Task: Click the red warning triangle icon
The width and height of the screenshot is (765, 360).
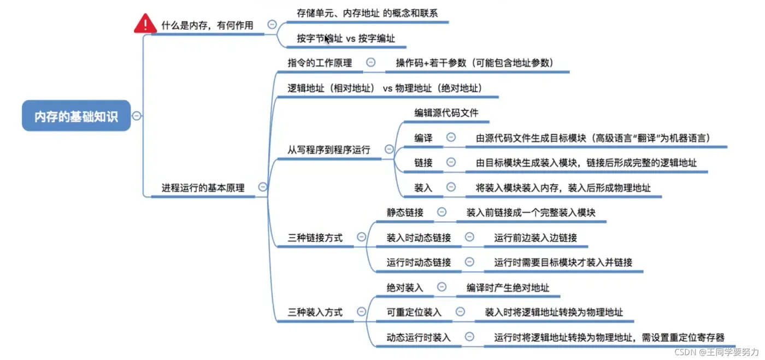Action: point(145,24)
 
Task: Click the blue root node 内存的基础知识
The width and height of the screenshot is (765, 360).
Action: point(76,116)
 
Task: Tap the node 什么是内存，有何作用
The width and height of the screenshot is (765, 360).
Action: point(207,25)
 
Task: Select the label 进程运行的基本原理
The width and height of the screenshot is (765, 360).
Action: point(203,187)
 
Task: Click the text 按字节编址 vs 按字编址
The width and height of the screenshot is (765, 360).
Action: point(345,39)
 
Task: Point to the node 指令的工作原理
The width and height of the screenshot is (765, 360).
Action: point(320,63)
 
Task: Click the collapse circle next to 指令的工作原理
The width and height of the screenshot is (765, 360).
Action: point(370,62)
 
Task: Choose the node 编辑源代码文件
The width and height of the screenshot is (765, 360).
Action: point(446,113)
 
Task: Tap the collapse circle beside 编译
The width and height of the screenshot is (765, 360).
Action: point(451,138)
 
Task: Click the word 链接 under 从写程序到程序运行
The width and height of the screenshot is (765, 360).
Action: point(423,162)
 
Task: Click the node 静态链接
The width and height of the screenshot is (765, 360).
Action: point(405,213)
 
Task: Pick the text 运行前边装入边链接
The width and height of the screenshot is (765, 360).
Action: point(535,238)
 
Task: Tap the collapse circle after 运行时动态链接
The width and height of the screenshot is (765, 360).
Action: point(469,262)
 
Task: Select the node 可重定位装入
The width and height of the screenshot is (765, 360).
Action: point(414,312)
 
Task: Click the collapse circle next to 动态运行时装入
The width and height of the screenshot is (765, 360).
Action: point(469,337)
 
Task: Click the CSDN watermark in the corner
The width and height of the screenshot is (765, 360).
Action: point(716,351)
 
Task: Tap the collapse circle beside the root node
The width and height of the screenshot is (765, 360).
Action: point(137,116)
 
